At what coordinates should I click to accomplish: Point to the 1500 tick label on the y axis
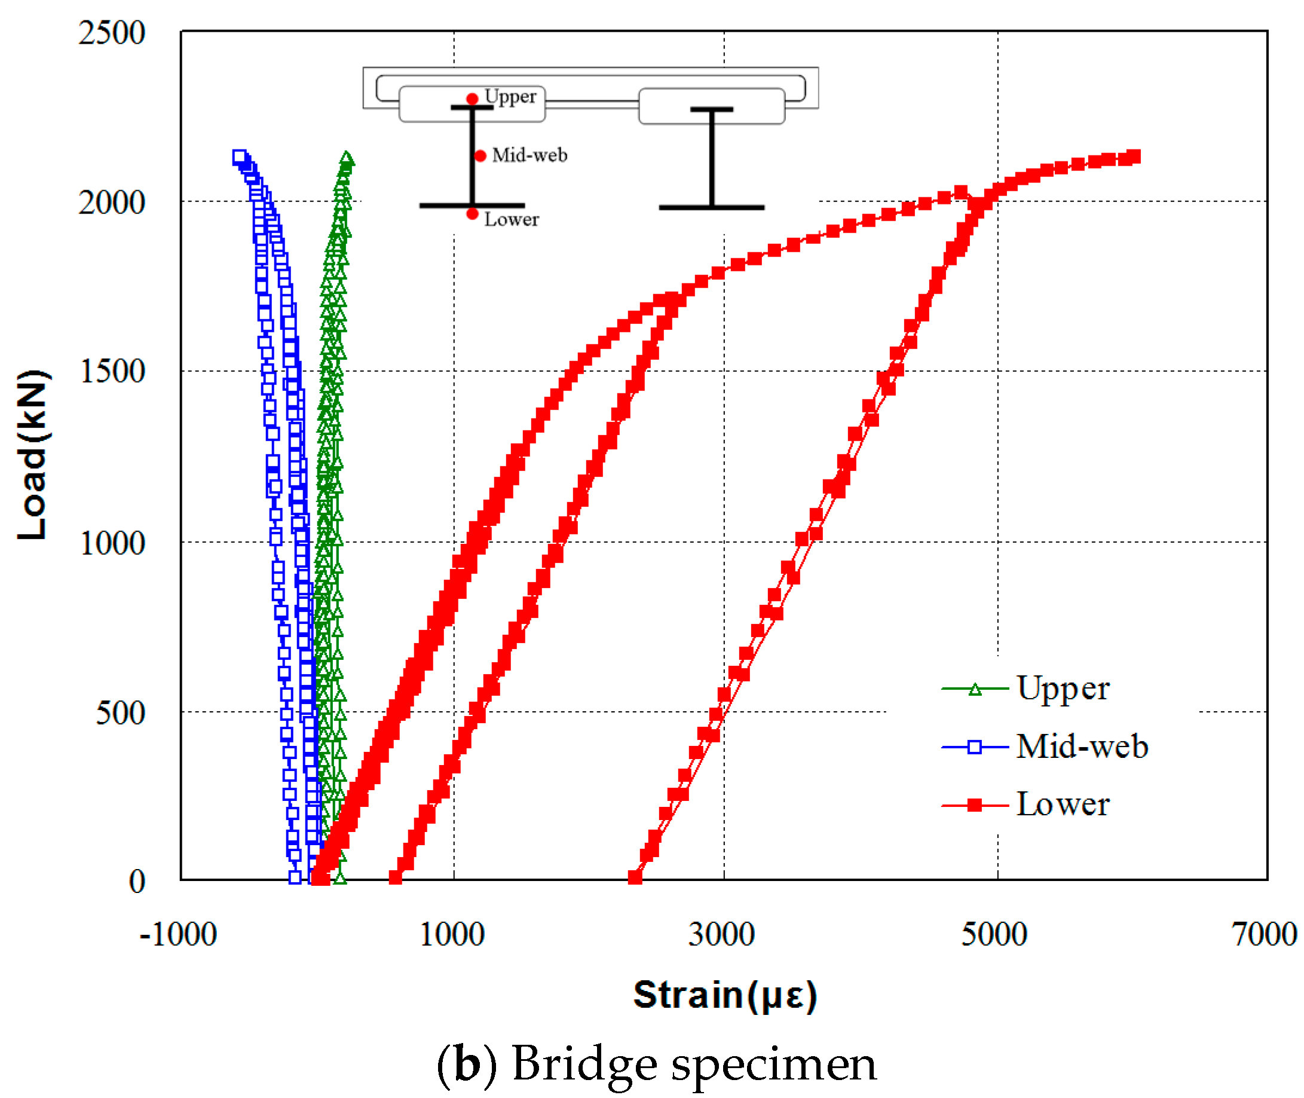(112, 371)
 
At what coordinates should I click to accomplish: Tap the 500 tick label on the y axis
(120, 712)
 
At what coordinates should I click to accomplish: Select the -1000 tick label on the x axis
(178, 934)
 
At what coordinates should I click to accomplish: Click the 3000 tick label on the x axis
(721, 934)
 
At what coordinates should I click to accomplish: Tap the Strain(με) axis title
(724, 994)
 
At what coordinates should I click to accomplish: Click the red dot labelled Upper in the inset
(473, 99)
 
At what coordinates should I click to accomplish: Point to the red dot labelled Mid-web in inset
(480, 155)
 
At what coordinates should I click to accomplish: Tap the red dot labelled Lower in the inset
(473, 214)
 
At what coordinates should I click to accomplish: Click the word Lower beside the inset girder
(512, 219)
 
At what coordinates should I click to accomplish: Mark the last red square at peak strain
(1134, 156)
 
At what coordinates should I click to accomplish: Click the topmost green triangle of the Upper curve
(347, 159)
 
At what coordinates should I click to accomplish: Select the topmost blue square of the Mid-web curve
(239, 157)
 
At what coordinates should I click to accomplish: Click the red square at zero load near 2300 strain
(635, 877)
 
